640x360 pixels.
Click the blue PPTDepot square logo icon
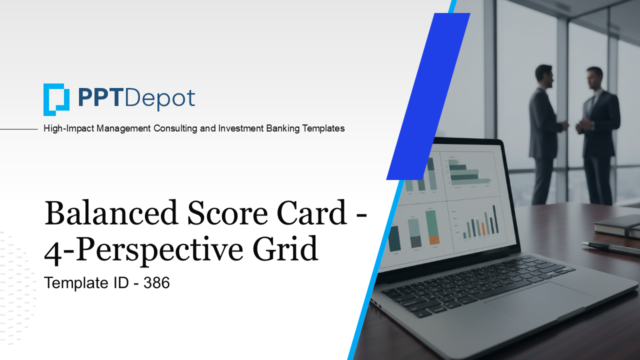pyautogui.click(x=56, y=99)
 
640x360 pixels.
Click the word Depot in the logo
pyautogui.click(x=160, y=98)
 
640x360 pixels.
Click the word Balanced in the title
pyautogui.click(x=111, y=212)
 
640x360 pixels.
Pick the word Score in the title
pyautogui.click(x=224, y=212)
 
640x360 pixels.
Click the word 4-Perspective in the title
pyautogui.click(x=145, y=250)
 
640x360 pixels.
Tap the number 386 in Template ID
pyautogui.click(x=156, y=283)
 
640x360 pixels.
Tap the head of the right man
pyautogui.click(x=594, y=78)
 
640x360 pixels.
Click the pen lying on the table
pyautogui.click(x=610, y=248)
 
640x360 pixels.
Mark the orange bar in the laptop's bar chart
pyautogui.click(x=483, y=229)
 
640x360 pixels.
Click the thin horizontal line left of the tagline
pyautogui.click(x=19, y=129)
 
